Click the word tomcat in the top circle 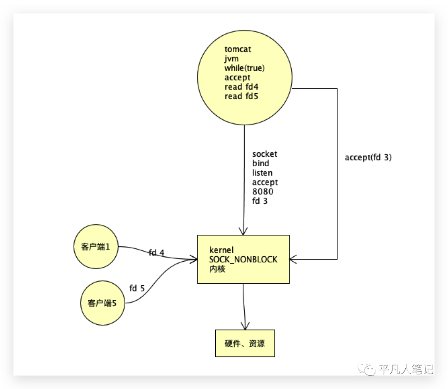pyautogui.click(x=238, y=49)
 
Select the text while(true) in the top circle pyautogui.click(x=245, y=68)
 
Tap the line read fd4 pyautogui.click(x=241, y=87)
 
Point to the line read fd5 pyautogui.click(x=241, y=96)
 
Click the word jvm pyautogui.click(x=231, y=59)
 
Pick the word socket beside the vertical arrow pyautogui.click(x=265, y=154)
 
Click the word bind pyautogui.click(x=261, y=163)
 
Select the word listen pyautogui.click(x=262, y=173)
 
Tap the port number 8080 pyautogui.click(x=263, y=191)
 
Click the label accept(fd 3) pyautogui.click(x=368, y=157)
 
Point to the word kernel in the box pyautogui.click(x=222, y=250)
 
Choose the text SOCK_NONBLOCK pyautogui.click(x=243, y=260)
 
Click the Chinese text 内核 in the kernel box pyautogui.click(x=217, y=269)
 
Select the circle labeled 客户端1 pyautogui.click(x=96, y=246)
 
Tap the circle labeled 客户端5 pyautogui.click(x=102, y=303)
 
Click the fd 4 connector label pyautogui.click(x=156, y=253)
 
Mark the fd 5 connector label pyautogui.click(x=137, y=288)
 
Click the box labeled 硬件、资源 pyautogui.click(x=245, y=343)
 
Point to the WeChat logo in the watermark pyautogui.click(x=367, y=369)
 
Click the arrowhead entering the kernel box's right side pyautogui.click(x=292, y=259)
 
